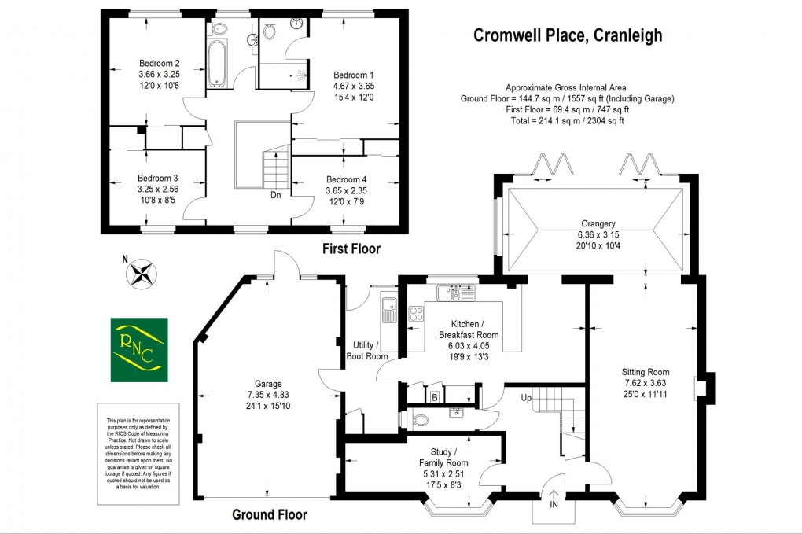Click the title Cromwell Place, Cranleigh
pos(566,35)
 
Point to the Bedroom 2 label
pos(160,64)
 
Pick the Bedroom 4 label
pos(347,179)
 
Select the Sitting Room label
pos(645,372)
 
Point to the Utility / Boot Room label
pos(367,351)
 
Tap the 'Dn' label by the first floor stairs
pos(276,195)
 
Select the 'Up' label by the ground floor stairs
pos(527,399)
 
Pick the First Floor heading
pos(351,249)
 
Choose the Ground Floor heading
pos(270,515)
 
